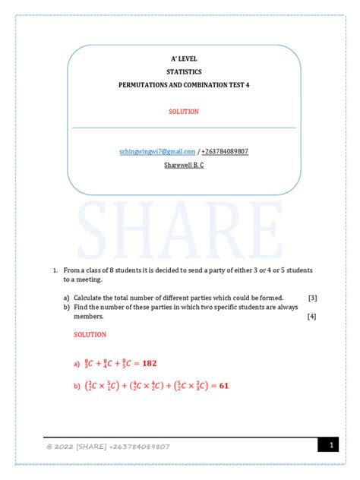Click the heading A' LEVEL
point(183,59)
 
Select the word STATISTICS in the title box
point(183,72)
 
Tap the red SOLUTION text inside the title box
point(183,112)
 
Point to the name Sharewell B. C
point(183,165)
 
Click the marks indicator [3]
point(312,298)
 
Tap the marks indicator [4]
point(312,316)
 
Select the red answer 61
point(224,386)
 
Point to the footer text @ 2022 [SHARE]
point(76,447)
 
